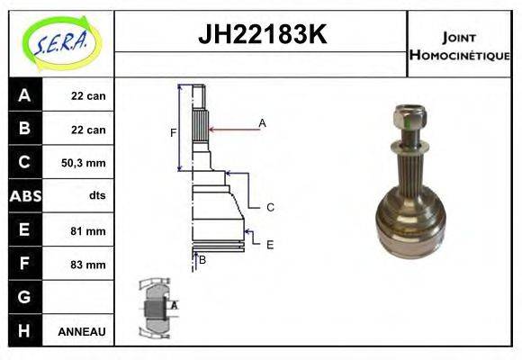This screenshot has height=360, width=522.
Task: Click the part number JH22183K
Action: coord(261,35)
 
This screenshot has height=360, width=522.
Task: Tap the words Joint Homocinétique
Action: coord(459,45)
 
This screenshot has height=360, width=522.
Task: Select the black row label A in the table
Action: coord(24,95)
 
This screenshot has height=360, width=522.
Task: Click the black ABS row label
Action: coord(24,196)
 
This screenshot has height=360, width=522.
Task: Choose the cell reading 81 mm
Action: coord(88,230)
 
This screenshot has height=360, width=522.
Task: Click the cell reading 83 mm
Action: coord(88,265)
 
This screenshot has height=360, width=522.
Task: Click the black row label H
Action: coord(24,330)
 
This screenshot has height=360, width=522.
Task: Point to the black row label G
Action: coord(24,297)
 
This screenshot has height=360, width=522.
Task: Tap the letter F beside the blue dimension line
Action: coord(172,133)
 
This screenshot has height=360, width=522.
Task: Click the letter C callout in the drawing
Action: coord(269,207)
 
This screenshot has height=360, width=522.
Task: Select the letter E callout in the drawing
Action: coord(269,244)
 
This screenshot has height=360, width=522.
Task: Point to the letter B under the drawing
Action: coord(202,261)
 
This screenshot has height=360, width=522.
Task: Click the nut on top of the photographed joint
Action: coord(408,116)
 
